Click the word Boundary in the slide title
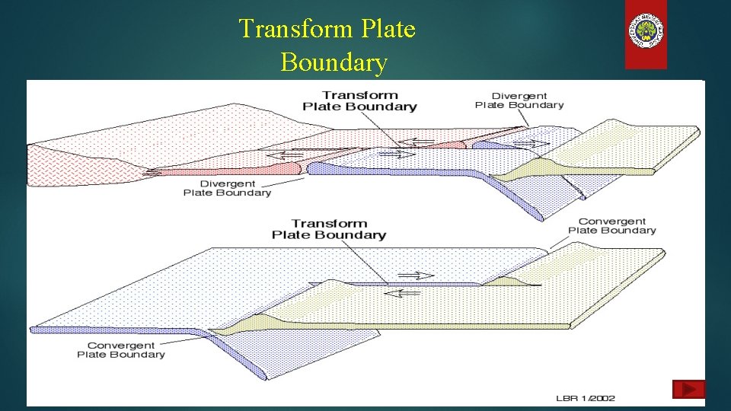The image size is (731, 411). tap(334, 62)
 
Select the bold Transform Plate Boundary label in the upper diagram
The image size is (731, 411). tap(359, 100)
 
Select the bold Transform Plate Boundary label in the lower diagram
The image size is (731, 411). tap(329, 229)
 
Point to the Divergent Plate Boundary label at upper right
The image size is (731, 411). tap(519, 100)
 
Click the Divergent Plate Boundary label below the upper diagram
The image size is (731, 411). tap(227, 188)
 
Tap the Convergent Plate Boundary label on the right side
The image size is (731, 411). tap(611, 226)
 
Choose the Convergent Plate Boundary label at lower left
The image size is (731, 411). tap(120, 349)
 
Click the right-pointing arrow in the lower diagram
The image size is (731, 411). tap(416, 276)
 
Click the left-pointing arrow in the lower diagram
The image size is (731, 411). tap(402, 292)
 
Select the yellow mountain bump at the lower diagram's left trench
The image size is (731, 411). tap(259, 320)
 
